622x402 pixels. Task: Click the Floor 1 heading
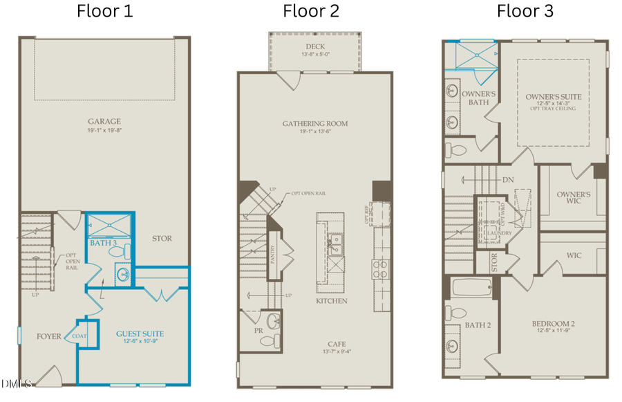104,11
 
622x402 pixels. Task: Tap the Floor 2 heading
311,11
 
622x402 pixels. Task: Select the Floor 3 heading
525,11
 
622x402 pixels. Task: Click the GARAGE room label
104,120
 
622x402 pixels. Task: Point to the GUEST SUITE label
140,334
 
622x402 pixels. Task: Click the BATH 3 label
102,243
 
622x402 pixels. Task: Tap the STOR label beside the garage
162,239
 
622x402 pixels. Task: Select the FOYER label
49,337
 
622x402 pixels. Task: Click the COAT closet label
79,337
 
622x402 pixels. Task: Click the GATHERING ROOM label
314,124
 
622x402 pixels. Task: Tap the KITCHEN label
332,301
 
